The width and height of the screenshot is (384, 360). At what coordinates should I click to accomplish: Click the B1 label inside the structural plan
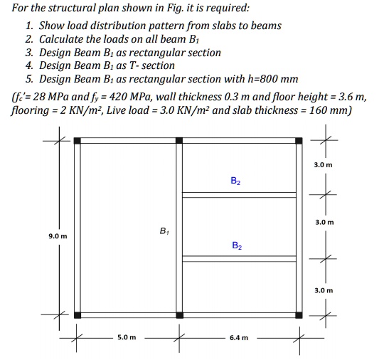(164, 231)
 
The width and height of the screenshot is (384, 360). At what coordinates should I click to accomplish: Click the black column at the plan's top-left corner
(78, 141)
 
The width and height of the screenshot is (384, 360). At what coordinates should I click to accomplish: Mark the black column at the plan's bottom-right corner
(302, 314)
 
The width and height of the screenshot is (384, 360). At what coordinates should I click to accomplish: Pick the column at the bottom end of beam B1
(179, 314)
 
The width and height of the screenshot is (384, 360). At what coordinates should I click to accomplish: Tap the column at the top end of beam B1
(179, 141)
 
